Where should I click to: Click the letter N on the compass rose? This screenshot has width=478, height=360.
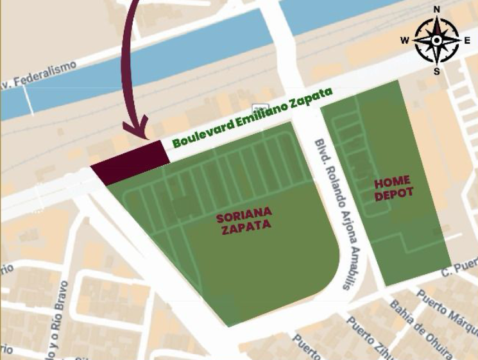[437, 9]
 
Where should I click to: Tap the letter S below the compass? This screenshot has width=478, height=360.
[437, 71]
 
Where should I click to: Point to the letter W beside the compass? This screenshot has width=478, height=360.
[405, 40]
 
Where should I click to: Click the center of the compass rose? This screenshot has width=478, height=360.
[436, 40]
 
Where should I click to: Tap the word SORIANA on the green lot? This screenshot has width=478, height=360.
[244, 213]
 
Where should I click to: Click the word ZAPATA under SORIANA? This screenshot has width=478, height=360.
[246, 225]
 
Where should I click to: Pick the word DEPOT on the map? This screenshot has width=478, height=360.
[394, 193]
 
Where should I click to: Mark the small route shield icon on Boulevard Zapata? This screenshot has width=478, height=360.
[260, 108]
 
